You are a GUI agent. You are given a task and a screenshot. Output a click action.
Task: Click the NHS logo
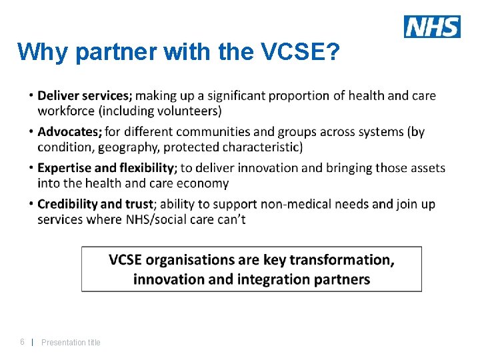click(432, 27)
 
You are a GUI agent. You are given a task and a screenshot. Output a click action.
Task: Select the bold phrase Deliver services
click(85, 96)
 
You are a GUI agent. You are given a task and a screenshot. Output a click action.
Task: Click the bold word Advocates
click(69, 132)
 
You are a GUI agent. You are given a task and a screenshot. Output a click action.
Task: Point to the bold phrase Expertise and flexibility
click(107, 168)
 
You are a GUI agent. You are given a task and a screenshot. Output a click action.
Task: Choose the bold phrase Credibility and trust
click(95, 204)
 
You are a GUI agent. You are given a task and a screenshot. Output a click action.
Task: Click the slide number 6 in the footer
click(22, 342)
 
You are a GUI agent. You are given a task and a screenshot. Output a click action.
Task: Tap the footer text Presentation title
click(71, 343)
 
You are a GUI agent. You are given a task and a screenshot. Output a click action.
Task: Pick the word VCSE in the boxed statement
click(125, 260)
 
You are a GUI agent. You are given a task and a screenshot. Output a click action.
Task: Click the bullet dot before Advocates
click(32, 129)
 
